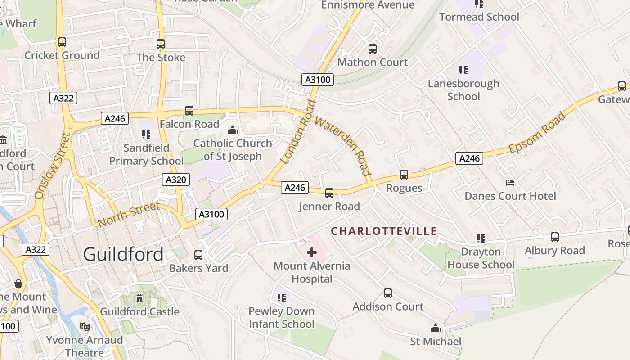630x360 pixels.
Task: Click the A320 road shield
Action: (175, 180)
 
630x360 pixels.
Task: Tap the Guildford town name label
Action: (123, 254)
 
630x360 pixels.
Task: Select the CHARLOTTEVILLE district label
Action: (384, 231)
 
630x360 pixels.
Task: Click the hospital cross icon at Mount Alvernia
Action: (311, 252)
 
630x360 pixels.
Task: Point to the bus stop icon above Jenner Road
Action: (329, 193)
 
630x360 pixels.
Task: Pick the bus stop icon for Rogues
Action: (404, 175)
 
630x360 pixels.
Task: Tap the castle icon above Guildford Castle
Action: (139, 298)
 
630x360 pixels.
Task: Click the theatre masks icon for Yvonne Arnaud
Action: (84, 327)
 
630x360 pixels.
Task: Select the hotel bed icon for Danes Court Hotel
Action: (510, 182)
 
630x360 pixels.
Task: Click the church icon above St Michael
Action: (435, 328)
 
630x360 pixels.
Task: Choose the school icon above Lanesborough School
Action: (463, 70)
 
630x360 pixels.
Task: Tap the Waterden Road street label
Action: (343, 145)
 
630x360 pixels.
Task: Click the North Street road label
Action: (129, 214)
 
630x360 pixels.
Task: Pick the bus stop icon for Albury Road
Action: (555, 237)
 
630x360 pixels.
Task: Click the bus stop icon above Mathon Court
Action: (373, 49)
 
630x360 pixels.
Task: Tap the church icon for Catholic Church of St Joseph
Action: (233, 130)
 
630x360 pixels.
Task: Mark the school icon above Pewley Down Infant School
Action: (282, 297)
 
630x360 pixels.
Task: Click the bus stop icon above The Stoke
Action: (161, 44)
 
